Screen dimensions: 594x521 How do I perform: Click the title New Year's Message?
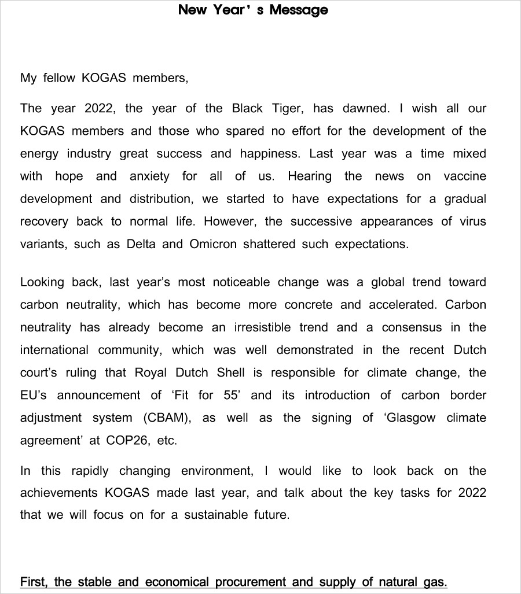(x=253, y=10)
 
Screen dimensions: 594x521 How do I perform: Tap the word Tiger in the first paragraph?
(x=285, y=109)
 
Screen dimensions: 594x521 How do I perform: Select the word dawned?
(x=366, y=109)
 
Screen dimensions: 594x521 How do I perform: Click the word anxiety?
(x=149, y=176)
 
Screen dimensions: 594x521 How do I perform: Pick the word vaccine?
(x=465, y=176)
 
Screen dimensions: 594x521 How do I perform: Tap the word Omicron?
(x=213, y=244)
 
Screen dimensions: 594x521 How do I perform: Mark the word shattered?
(x=269, y=244)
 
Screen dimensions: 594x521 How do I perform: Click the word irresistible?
(x=263, y=327)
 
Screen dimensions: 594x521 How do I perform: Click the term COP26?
(x=127, y=441)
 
